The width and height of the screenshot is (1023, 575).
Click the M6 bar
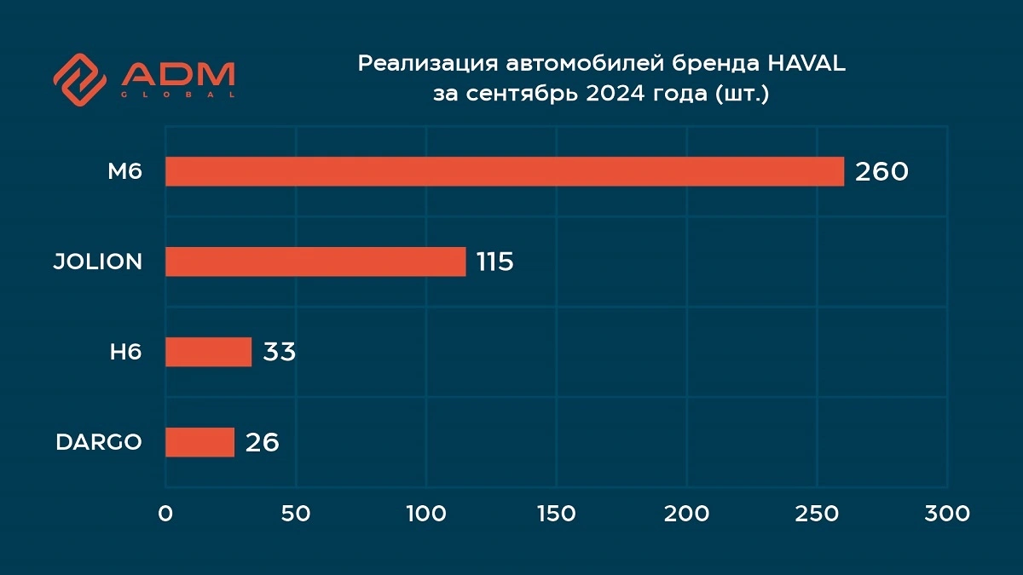pos(505,171)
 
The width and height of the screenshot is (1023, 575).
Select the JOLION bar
pos(315,262)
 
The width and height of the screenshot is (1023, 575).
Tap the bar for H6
pos(208,352)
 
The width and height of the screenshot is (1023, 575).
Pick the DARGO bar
pos(199,442)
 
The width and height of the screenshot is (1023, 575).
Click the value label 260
pos(882,172)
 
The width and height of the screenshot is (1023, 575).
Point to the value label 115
pos(494,262)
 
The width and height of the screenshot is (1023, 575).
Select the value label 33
pos(279,353)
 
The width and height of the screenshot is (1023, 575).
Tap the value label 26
pos(263,443)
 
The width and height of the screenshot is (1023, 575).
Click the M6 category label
pos(124,172)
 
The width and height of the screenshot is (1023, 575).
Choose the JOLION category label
pos(98,262)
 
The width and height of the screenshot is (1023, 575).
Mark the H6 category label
pos(125,353)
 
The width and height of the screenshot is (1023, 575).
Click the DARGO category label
pos(99,443)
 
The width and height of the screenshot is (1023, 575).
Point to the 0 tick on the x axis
pos(165,514)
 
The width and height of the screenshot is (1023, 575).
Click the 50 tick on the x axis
pos(296,514)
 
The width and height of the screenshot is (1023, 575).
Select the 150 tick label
pos(557,514)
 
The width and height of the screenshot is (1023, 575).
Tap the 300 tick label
pos(947,514)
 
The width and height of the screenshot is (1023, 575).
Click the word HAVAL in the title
pos(806,64)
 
